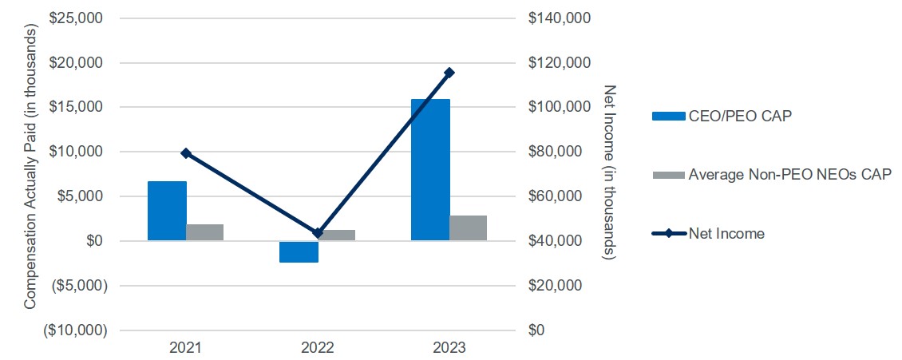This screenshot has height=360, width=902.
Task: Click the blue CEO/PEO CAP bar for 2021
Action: coord(167,211)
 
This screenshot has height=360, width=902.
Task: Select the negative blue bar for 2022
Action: coord(299,251)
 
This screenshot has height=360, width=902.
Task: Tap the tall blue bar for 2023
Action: coord(430,169)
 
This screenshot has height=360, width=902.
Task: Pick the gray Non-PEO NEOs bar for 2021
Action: coord(205,232)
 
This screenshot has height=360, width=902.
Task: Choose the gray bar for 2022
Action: coord(337,235)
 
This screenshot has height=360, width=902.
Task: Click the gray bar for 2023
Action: coord(469,227)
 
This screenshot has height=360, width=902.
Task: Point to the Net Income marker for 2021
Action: coord(186,152)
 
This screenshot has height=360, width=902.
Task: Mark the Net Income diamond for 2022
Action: coord(318,233)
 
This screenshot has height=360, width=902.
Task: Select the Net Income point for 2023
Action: coord(449,73)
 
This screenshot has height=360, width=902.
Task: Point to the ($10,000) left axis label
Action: coord(75,330)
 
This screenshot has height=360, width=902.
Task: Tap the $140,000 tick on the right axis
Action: coord(560,18)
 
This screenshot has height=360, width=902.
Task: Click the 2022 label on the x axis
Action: coord(318,349)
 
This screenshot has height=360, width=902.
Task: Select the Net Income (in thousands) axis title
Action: coord(611,172)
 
